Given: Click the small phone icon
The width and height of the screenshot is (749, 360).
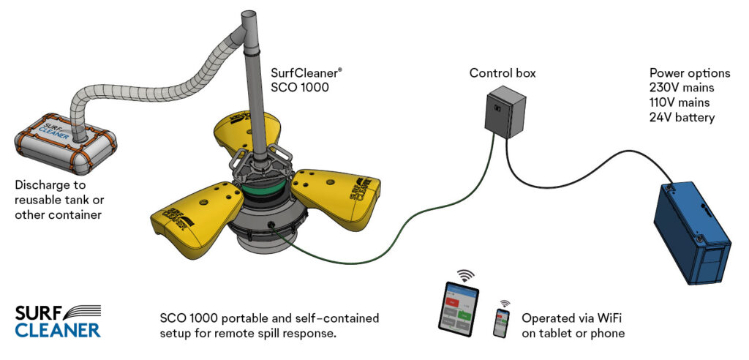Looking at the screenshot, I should click(x=502, y=323).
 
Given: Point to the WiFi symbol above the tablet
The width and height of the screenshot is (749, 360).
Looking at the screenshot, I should click(x=465, y=277).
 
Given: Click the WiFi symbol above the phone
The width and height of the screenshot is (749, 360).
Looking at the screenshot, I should click(x=505, y=302).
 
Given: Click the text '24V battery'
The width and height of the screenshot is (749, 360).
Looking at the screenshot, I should click(x=682, y=117).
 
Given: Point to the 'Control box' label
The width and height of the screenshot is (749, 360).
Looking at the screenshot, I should click(x=503, y=73).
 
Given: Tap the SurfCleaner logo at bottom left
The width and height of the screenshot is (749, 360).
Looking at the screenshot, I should click(x=57, y=320).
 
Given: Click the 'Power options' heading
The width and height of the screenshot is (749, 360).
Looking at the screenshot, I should click(x=689, y=73).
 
